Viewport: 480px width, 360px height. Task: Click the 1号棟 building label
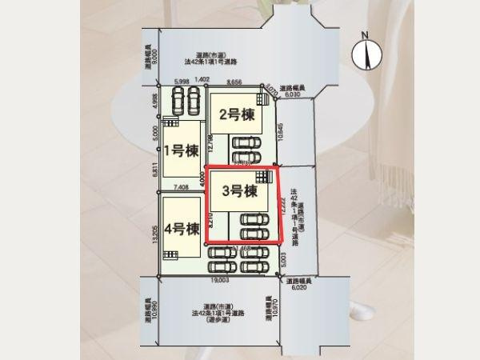tap(181, 150)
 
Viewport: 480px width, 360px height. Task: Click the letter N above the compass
tap(364, 35)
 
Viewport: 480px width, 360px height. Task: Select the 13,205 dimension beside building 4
tap(154, 238)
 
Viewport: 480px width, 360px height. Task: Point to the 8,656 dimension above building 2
tap(235, 82)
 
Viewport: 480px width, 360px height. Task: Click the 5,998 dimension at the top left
tap(179, 82)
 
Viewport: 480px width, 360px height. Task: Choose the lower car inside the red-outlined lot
tap(256, 233)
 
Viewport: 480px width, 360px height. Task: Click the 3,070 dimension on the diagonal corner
tap(270, 90)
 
